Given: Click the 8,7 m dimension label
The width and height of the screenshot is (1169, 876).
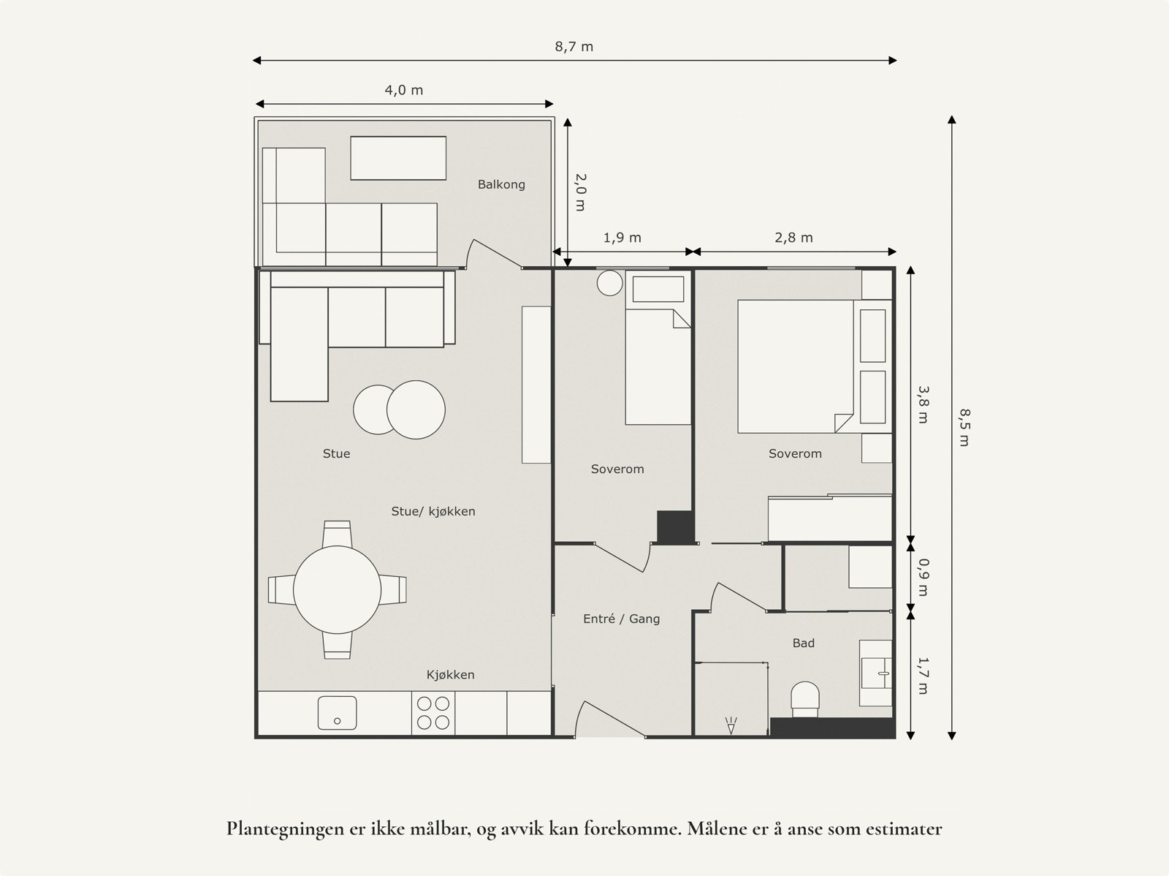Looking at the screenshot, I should point(574,47).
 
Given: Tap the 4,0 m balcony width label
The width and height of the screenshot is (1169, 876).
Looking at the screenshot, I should point(403,91).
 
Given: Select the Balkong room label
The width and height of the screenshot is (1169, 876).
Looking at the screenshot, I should point(501,184).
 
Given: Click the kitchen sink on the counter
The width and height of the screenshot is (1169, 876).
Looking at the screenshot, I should point(337,713).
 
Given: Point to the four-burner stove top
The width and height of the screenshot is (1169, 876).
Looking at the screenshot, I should point(432,713).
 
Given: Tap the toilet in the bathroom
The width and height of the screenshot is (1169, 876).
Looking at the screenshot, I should point(805,699).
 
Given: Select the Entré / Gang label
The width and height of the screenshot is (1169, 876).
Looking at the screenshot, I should point(621,619).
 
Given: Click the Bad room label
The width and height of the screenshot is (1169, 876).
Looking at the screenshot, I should point(803,643).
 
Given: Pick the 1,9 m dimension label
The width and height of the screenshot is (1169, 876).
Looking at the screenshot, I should point(622,238).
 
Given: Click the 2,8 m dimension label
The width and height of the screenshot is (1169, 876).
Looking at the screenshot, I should point(793,238).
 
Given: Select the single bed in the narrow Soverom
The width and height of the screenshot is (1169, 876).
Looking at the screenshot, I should point(658,367).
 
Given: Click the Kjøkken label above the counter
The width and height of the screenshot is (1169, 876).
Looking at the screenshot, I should point(450,675).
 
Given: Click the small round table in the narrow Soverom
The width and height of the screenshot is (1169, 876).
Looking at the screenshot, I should point(609,284).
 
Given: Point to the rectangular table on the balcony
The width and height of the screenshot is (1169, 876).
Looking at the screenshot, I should point(398,158).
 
